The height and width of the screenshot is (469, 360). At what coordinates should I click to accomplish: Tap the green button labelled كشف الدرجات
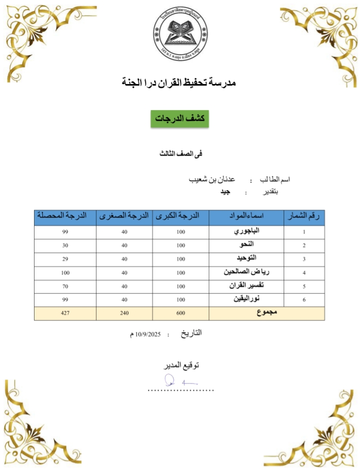[179, 119]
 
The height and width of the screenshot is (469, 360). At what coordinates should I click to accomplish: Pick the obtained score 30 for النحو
[65, 245]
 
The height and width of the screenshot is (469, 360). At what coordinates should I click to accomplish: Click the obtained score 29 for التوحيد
[65, 259]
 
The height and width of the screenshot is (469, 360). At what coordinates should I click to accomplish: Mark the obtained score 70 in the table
[65, 286]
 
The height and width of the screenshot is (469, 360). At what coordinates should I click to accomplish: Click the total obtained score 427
[65, 313]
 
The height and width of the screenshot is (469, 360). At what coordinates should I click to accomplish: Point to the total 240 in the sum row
[124, 313]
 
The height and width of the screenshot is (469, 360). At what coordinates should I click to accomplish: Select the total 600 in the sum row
[180, 313]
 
